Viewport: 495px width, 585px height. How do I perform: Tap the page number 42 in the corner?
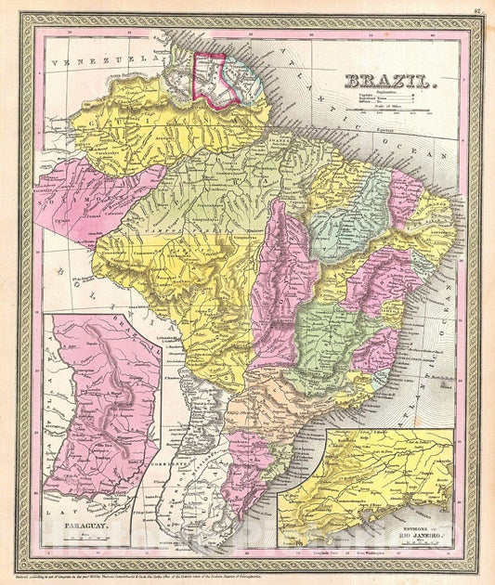coord(475,10)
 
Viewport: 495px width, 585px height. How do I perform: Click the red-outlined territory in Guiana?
coord(209,76)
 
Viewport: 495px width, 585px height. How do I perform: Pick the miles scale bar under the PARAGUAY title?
coord(74,539)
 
